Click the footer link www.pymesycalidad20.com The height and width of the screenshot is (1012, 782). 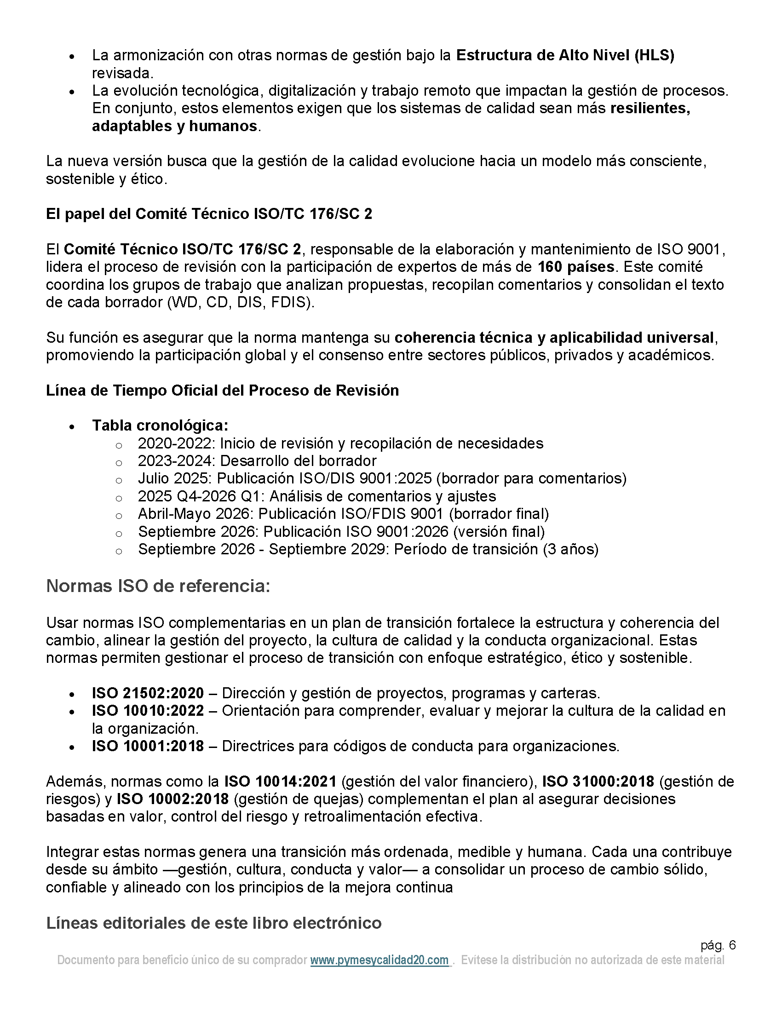[x=379, y=960]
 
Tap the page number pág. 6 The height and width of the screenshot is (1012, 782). [x=718, y=945]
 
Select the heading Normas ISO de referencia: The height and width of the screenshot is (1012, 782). [x=158, y=586]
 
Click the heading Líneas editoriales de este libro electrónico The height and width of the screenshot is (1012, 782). [x=213, y=923]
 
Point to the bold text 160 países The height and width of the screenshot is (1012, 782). [x=576, y=267]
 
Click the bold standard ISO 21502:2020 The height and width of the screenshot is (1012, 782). [x=148, y=693]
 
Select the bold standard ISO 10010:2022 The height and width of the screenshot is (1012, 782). [x=148, y=710]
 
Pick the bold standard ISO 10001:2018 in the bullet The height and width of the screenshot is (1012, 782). [x=148, y=746]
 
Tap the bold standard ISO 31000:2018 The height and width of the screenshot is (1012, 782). [x=598, y=781]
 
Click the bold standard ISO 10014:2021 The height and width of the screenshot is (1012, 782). [x=280, y=781]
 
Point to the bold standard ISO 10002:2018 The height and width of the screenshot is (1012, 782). [x=172, y=799]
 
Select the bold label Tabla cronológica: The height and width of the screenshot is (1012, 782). [x=160, y=425]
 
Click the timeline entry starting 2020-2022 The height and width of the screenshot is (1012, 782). [x=340, y=443]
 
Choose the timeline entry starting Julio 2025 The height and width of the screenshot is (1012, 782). [x=382, y=478]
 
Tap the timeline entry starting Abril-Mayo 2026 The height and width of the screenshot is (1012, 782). [x=343, y=514]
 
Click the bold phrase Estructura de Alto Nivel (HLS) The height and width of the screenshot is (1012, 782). [x=565, y=55]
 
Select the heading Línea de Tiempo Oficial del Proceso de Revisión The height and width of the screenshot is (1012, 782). [x=222, y=390]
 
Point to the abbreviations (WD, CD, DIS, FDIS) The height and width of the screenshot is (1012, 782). [x=241, y=302]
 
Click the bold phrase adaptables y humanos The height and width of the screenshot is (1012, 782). [x=175, y=126]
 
